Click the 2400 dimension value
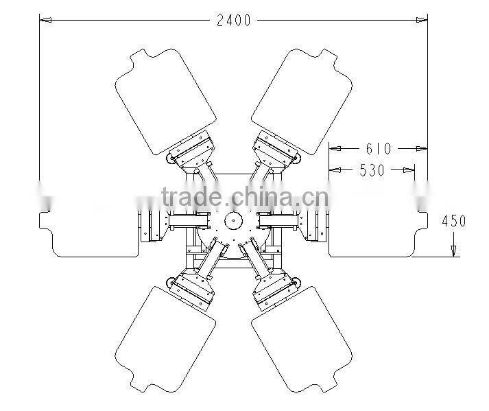[x=234, y=21]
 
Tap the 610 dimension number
[x=379, y=148]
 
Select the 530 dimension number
[x=372, y=170]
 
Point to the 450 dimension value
[x=454, y=221]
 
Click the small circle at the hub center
[x=232, y=221]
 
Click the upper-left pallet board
[x=165, y=102]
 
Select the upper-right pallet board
[x=302, y=102]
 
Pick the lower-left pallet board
[x=165, y=340]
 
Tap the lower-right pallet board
[x=302, y=340]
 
